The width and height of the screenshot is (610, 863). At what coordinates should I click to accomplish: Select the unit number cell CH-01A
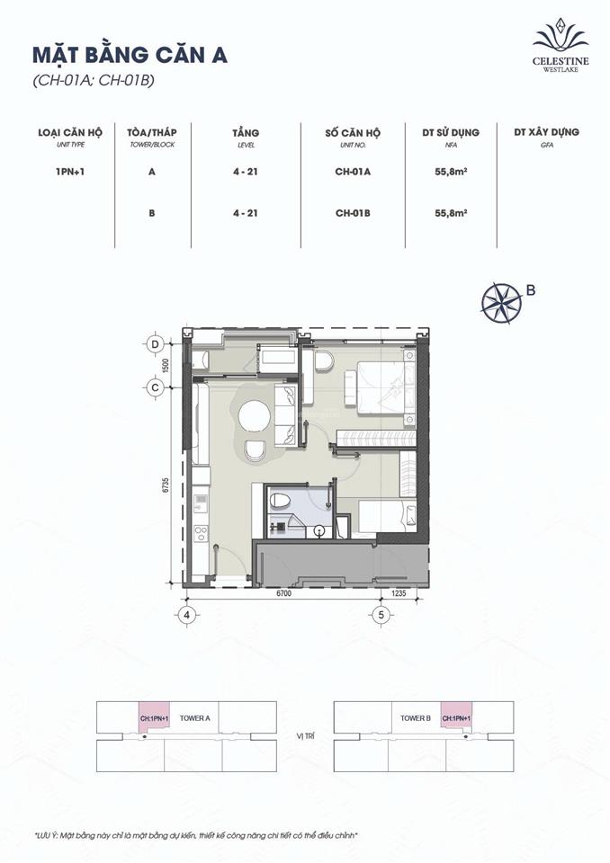[354, 172]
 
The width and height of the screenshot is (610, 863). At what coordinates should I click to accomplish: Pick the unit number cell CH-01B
[354, 213]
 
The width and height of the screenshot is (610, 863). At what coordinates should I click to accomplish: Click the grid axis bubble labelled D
[155, 344]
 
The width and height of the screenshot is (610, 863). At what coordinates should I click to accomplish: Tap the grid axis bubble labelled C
[155, 387]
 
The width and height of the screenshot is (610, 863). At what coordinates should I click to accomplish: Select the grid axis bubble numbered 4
[188, 616]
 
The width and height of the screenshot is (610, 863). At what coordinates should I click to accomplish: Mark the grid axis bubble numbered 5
[381, 616]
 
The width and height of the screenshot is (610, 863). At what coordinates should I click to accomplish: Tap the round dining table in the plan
[253, 416]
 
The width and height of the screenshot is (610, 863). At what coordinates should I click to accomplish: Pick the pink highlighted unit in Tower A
[155, 719]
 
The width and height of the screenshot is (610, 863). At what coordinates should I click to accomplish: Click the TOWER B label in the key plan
[417, 718]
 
